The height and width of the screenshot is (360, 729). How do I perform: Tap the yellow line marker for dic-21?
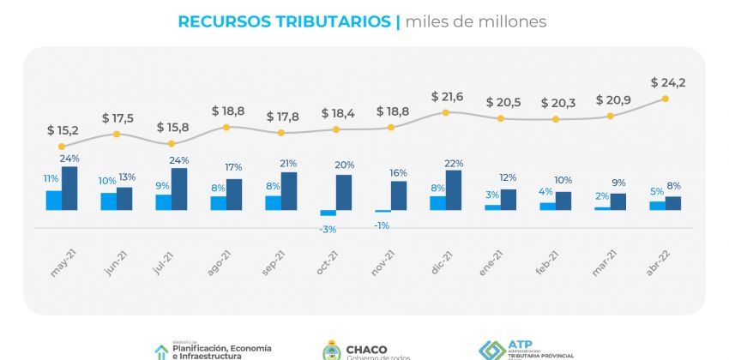[446, 112]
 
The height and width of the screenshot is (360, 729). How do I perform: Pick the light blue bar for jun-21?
[109, 201]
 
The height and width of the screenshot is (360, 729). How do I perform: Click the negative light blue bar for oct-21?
[328, 213]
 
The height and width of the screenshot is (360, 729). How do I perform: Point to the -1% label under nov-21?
[382, 225]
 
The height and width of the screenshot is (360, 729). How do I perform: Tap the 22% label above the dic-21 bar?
[455, 163]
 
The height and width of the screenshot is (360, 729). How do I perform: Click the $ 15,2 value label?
[63, 130]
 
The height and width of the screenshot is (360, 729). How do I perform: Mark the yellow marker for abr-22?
[665, 99]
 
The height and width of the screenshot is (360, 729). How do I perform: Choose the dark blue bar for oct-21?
[344, 192]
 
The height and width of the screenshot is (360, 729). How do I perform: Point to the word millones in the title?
[506, 21]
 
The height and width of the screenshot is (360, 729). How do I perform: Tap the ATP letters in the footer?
[520, 341]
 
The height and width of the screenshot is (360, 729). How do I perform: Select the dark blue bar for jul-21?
[179, 189]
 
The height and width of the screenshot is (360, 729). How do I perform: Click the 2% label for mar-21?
[603, 195]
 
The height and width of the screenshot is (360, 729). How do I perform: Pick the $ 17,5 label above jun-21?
[117, 117]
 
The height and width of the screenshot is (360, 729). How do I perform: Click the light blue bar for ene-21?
[492, 207]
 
